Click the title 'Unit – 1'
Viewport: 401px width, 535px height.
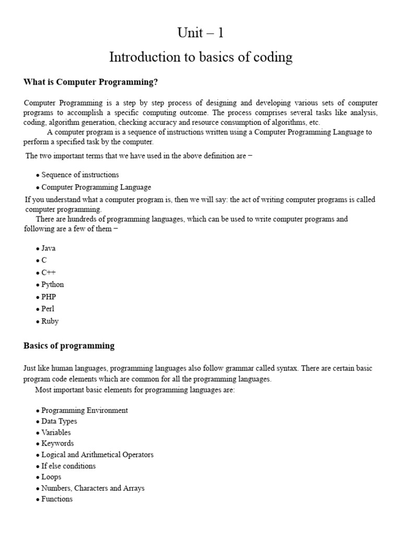pyautogui.click(x=200, y=33)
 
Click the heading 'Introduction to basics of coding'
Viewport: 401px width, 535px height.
pyautogui.click(x=200, y=57)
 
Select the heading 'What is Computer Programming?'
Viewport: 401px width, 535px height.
pyautogui.click(x=90, y=82)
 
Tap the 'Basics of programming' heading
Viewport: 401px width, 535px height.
pyautogui.click(x=69, y=346)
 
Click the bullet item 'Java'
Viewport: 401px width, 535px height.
pyautogui.click(x=48, y=248)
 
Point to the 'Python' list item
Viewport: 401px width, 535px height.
pyautogui.click(x=52, y=285)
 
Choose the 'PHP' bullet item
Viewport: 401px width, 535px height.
pyautogui.click(x=49, y=297)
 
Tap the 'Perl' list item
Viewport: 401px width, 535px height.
pyautogui.click(x=48, y=309)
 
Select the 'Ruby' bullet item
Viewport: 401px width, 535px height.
pyautogui.click(x=50, y=321)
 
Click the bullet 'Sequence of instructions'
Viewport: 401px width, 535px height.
pyautogui.click(x=80, y=175)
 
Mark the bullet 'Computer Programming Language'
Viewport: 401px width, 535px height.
pyautogui.click(x=96, y=187)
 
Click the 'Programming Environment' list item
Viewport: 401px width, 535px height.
pyautogui.click(x=84, y=410)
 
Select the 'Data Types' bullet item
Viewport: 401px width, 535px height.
pyautogui.click(x=59, y=421)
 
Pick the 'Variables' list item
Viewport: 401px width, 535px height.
pyautogui.click(x=56, y=433)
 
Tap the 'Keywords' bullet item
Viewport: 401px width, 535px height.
pyautogui.click(x=57, y=444)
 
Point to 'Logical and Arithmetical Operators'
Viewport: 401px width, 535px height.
pyautogui.click(x=97, y=455)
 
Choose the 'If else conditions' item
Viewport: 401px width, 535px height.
pyautogui.click(x=68, y=466)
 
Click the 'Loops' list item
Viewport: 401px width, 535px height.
pyautogui.click(x=51, y=477)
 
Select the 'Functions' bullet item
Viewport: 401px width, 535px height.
pyautogui.click(x=57, y=499)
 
